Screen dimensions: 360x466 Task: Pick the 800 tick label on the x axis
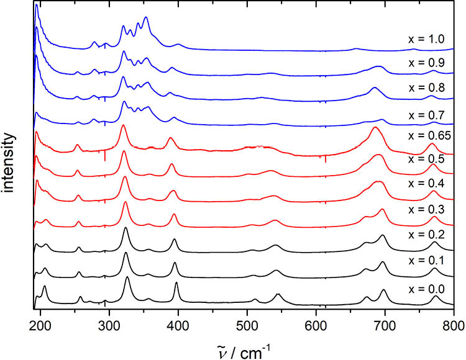pyautogui.click(x=453, y=321)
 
